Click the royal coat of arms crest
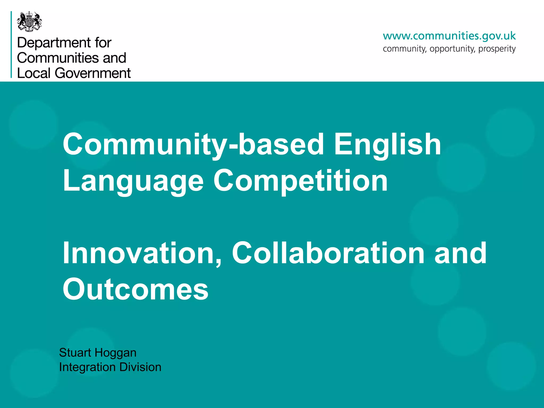coord(29,22)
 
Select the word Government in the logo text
coord(93,73)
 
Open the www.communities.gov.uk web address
coord(449,36)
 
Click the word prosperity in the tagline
coord(497,49)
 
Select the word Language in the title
coord(133,181)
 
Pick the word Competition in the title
coord(300,181)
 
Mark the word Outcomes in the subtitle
coord(135,289)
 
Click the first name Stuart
coord(75,353)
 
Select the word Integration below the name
coord(87,367)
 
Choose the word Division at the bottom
coord(140,367)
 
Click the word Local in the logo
coord(34,73)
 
